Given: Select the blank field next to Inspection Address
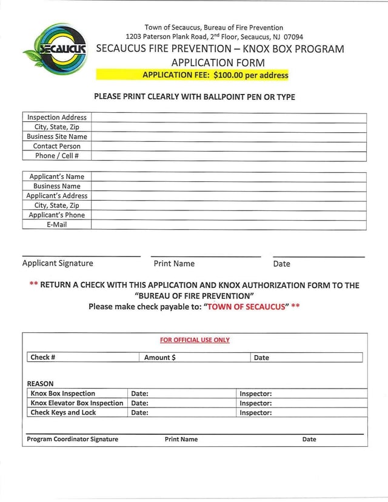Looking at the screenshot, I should (x=229, y=118).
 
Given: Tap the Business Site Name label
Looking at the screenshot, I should (x=57, y=137).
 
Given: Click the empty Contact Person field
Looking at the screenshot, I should (x=229, y=147).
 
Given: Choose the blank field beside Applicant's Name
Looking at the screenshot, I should (x=229, y=177).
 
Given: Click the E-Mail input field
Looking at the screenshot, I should (x=229, y=225).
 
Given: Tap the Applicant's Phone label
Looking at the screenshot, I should (x=57, y=215).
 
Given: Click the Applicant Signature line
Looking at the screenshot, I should (x=81, y=255).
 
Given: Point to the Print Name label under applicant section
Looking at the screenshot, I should (x=174, y=264).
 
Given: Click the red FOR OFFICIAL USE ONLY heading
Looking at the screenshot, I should (x=195, y=340).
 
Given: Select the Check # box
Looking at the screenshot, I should (x=84, y=358).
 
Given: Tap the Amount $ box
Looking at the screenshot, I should (x=195, y=358).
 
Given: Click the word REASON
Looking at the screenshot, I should (x=40, y=384).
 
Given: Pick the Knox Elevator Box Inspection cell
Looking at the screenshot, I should (x=77, y=403).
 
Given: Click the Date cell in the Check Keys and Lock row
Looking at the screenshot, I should (x=181, y=413).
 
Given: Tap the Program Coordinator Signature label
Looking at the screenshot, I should (x=73, y=440).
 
